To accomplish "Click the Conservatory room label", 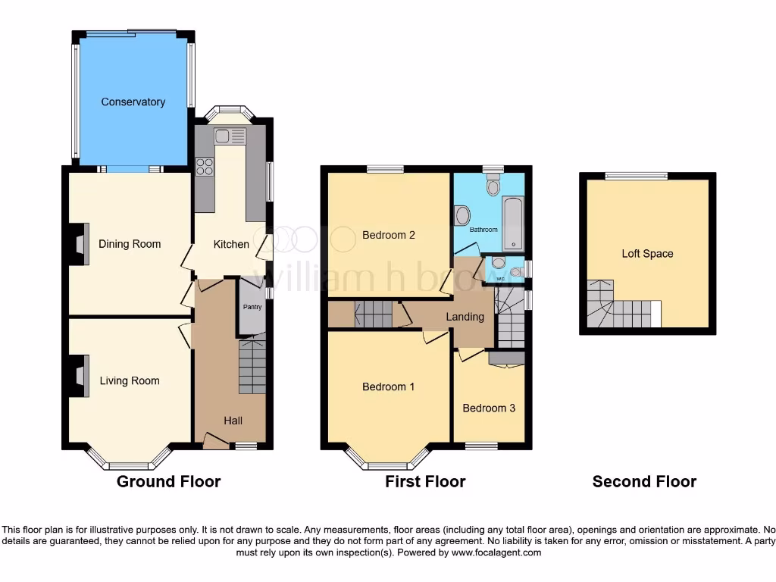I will [x=133, y=102].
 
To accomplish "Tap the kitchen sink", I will [x=230, y=136].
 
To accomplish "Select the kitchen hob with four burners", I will [x=205, y=166].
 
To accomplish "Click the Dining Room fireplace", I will [x=80, y=244].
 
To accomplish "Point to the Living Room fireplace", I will [x=80, y=376].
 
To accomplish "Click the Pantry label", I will [x=251, y=307].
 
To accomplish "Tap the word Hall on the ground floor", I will [x=233, y=420].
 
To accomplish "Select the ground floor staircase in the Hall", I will [x=252, y=366].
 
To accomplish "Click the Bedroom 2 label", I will [x=388, y=235].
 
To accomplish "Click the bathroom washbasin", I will [x=462, y=216].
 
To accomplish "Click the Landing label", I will [x=465, y=317].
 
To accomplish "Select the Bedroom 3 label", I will [x=489, y=408].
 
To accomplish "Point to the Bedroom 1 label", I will [x=388, y=386].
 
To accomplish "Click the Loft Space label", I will [x=647, y=254].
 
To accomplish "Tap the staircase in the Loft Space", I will [x=618, y=307].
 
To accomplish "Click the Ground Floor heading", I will [x=168, y=481].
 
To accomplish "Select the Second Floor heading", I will [x=644, y=481].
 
